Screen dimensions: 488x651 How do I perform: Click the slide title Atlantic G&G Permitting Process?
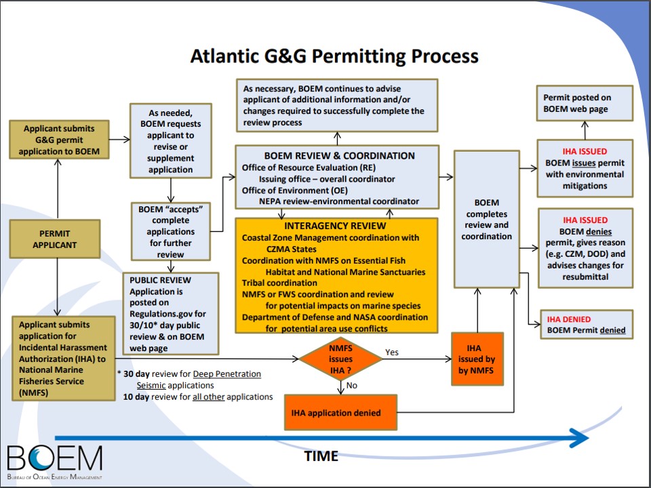pyautogui.click(x=334, y=56)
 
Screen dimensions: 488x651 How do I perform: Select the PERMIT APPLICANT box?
pyautogui.click(x=54, y=239)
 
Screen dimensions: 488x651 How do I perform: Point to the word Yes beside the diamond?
pyautogui.click(x=392, y=352)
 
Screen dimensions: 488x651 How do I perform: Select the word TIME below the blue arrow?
pyautogui.click(x=321, y=456)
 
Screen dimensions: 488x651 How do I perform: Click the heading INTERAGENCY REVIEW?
pyautogui.click(x=336, y=226)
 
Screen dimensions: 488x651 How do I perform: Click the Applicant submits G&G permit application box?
pyautogui.click(x=59, y=140)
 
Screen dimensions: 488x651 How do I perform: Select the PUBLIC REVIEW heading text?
pyautogui.click(x=160, y=280)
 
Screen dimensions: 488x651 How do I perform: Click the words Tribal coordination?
pyautogui.click(x=279, y=283)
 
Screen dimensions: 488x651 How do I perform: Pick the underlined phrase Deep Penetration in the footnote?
pyautogui.click(x=226, y=374)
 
